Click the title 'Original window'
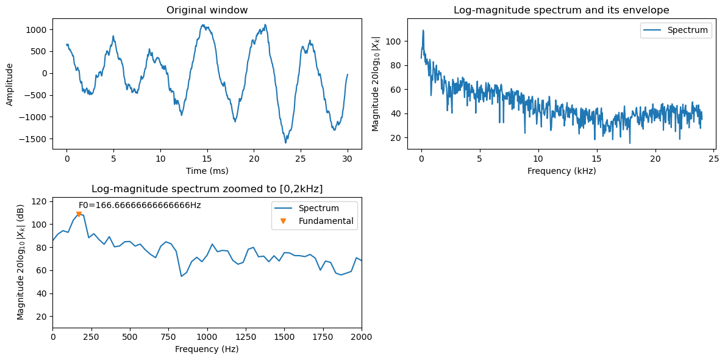click(207, 10)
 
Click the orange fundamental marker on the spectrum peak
click(79, 214)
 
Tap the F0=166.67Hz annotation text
click(140, 205)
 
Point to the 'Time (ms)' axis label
click(207, 171)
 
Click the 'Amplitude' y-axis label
click(10, 84)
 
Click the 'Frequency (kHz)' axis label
click(562, 171)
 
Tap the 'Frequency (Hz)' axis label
click(207, 348)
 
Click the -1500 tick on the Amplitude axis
click(37, 139)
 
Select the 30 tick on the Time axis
click(347, 157)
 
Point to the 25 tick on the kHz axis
click(713, 157)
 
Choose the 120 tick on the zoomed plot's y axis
click(42, 201)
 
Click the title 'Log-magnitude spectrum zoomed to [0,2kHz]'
click(207, 189)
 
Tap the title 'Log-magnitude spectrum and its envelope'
click(562, 10)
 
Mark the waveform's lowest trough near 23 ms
click(286, 143)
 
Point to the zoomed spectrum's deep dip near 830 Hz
click(181, 276)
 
